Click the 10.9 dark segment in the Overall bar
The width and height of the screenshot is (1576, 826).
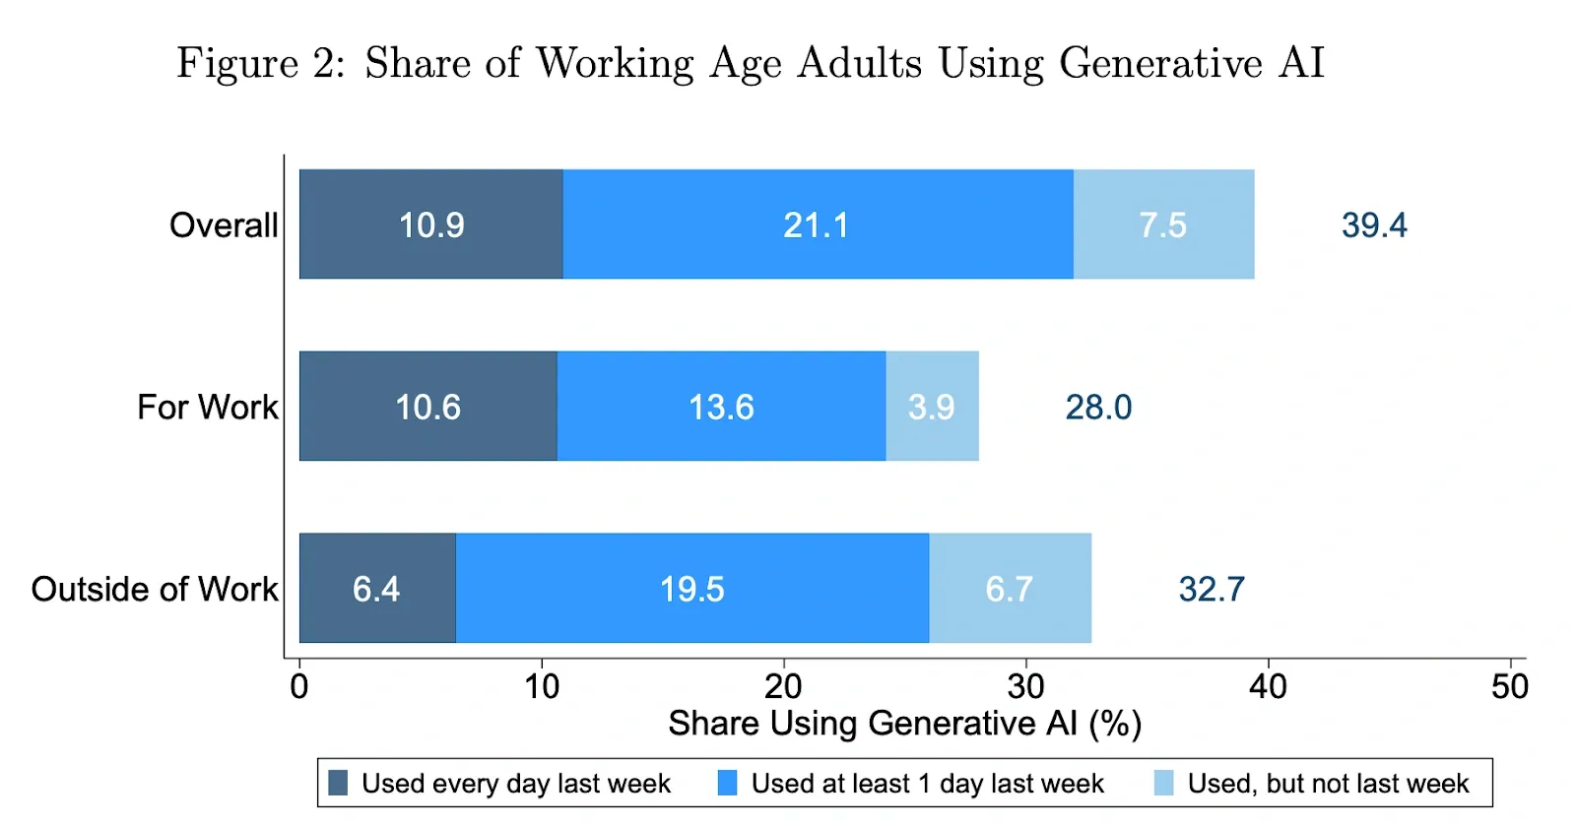click(x=431, y=224)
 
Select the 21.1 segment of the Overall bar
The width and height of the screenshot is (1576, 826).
click(x=819, y=224)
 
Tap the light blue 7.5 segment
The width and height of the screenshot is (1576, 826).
click(x=1164, y=224)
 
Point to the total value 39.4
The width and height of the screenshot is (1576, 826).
click(x=1374, y=225)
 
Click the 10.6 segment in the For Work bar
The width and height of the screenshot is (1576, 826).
click(x=428, y=407)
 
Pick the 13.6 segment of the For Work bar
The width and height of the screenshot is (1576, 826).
click(x=722, y=407)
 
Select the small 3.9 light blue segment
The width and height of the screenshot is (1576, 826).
click(x=933, y=407)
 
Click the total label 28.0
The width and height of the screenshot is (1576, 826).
click(x=1098, y=408)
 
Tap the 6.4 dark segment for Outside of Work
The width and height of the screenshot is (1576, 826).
click(x=378, y=589)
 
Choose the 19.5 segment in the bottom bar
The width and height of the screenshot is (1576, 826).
click(x=692, y=589)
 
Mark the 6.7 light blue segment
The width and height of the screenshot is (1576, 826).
click(x=1011, y=589)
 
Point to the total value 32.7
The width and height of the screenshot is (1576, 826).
click(x=1212, y=590)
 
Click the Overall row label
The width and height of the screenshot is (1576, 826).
click(x=224, y=225)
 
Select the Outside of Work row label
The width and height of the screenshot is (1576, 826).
click(x=155, y=589)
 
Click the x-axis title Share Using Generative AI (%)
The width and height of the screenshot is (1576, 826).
click(x=905, y=724)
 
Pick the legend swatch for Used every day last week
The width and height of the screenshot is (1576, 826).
click(x=339, y=783)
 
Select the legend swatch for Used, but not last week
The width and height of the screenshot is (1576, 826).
click(x=1164, y=783)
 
